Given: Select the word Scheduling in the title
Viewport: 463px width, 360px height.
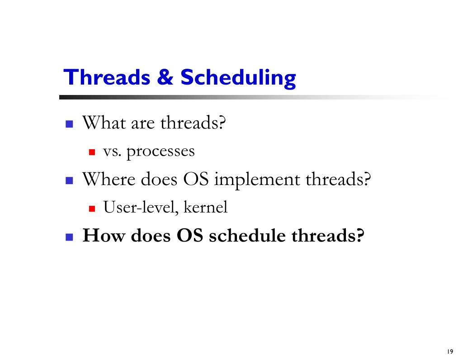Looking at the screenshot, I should pos(238,78).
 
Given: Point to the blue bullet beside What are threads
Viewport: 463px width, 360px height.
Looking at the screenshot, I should pos(69,123).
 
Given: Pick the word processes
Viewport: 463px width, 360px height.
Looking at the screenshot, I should pos(161,152).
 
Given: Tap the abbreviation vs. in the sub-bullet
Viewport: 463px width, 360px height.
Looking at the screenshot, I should pos(113,151).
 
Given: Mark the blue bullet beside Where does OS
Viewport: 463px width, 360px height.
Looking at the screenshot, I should pos(69,181).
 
